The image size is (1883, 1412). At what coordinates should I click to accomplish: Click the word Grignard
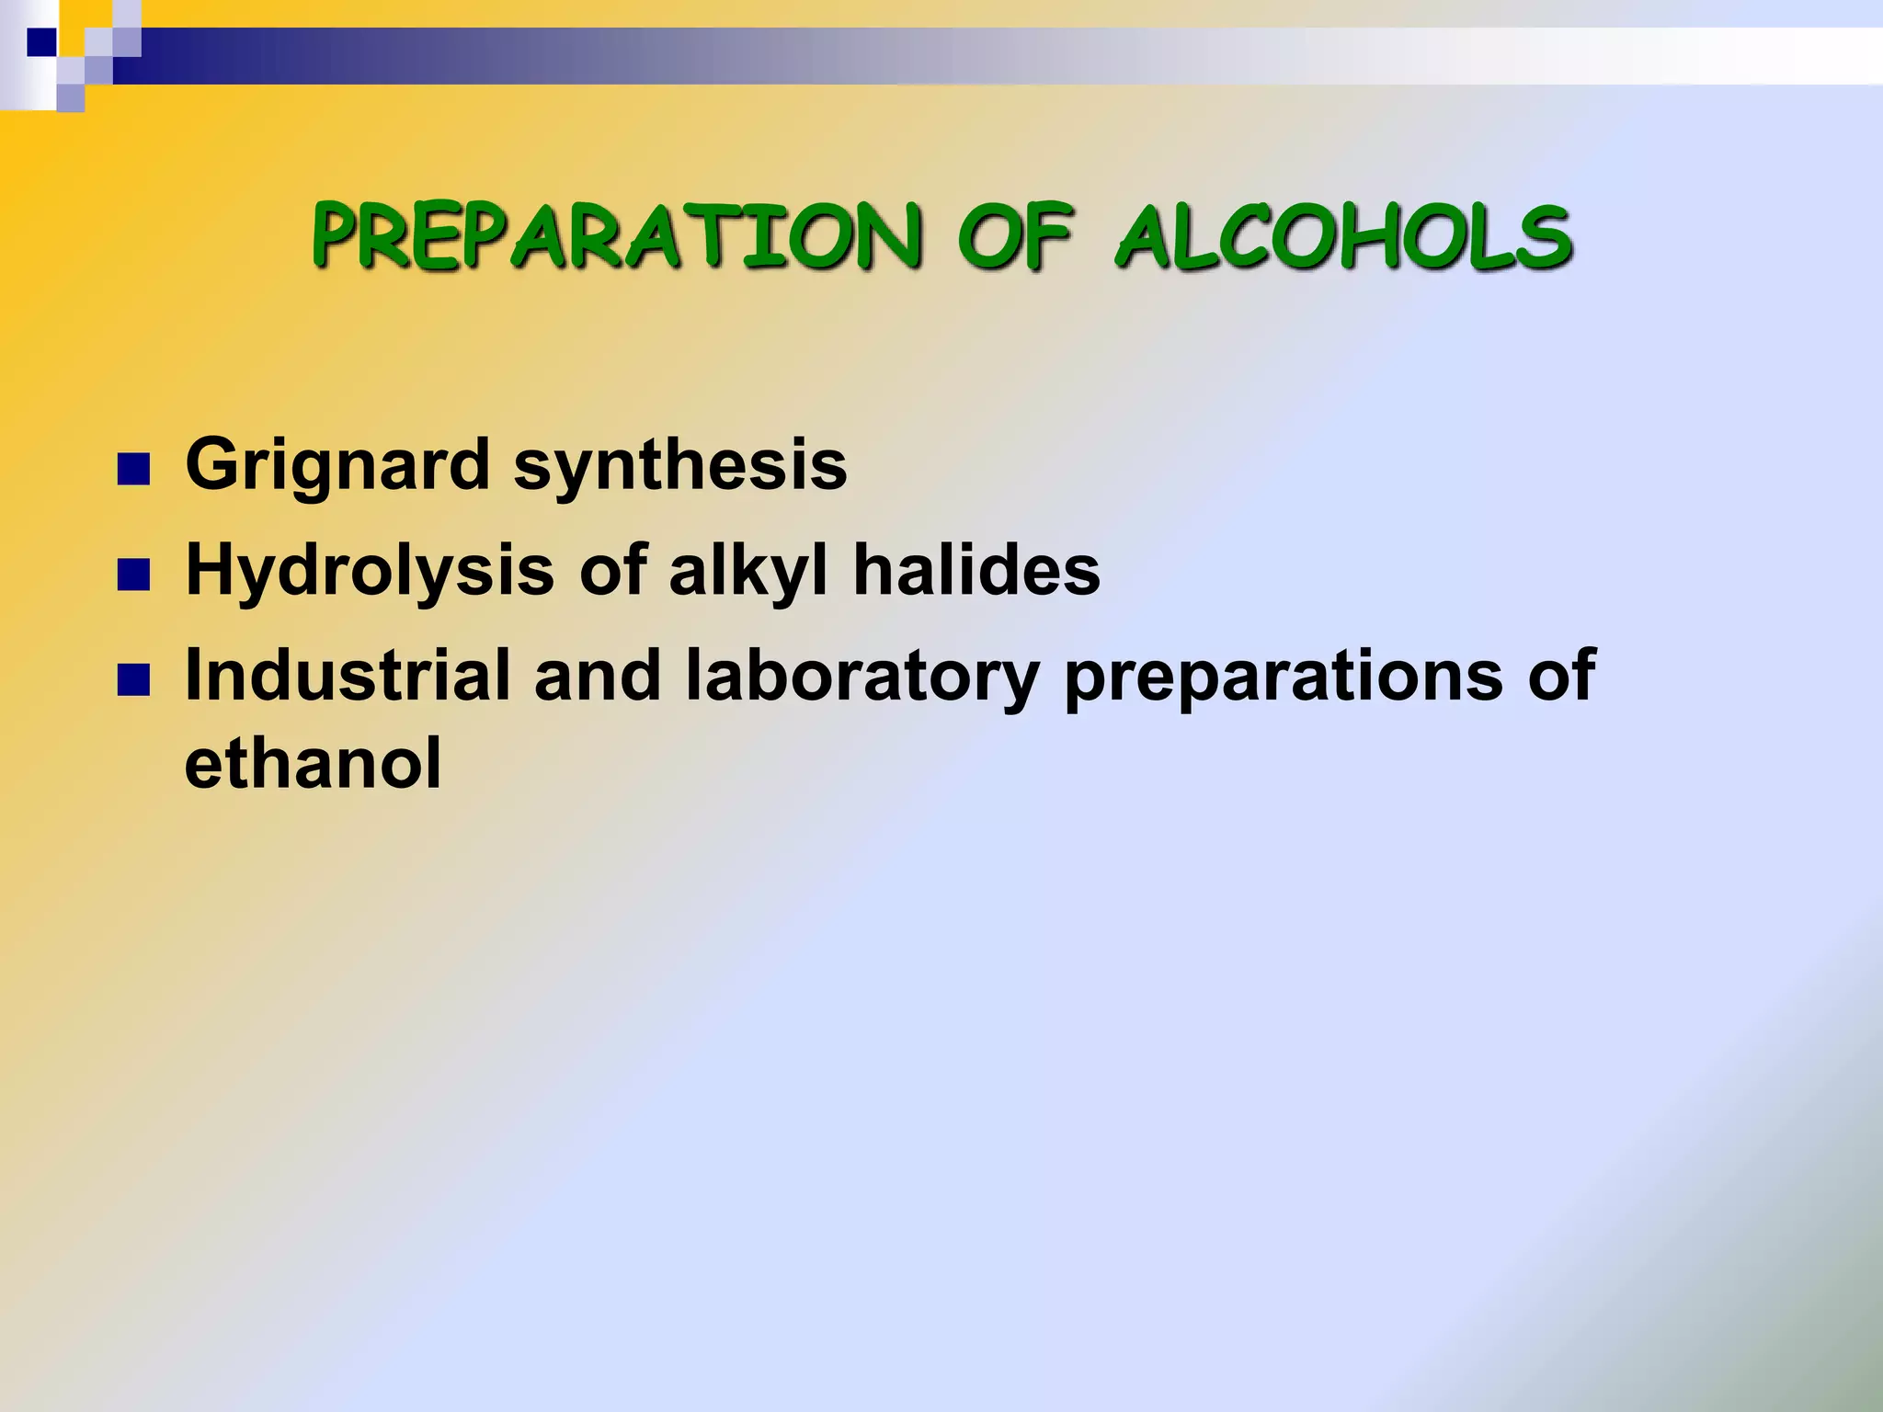click(337, 465)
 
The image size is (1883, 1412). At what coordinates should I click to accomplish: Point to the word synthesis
click(680, 465)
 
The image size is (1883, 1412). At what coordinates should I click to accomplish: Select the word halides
click(976, 570)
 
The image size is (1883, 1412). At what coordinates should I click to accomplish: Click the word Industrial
click(348, 676)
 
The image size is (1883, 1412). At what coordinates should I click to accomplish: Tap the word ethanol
click(313, 763)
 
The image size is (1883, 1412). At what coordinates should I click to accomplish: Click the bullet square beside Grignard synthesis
click(133, 470)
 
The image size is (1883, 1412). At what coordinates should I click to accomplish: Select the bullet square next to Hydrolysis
click(133, 575)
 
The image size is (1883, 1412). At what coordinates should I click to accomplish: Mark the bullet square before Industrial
click(133, 681)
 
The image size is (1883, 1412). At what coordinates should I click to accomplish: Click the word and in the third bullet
click(598, 676)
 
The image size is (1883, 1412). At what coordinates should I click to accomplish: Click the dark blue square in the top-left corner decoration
click(41, 41)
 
